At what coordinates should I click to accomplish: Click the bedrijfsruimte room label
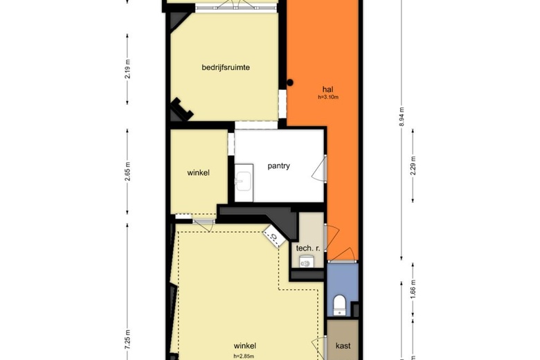click(226, 67)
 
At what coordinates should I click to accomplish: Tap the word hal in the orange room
click(328, 89)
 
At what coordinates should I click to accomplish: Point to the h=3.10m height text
click(328, 97)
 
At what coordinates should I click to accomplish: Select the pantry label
click(278, 165)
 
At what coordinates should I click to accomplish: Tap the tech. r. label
click(308, 248)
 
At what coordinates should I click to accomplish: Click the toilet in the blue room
click(339, 305)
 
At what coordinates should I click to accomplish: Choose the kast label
click(343, 345)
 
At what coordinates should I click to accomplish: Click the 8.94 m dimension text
click(402, 116)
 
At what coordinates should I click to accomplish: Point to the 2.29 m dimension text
click(413, 165)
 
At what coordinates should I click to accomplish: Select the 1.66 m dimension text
click(413, 289)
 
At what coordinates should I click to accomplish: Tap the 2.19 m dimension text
click(127, 69)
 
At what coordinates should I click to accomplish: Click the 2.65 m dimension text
click(127, 171)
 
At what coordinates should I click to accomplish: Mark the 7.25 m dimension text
click(127, 340)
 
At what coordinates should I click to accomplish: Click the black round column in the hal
click(290, 82)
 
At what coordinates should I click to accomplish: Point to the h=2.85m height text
click(244, 357)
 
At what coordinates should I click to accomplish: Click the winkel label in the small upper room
click(199, 172)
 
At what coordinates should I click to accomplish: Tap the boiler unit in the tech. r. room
click(305, 262)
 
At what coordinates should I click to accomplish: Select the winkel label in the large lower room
click(245, 345)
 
